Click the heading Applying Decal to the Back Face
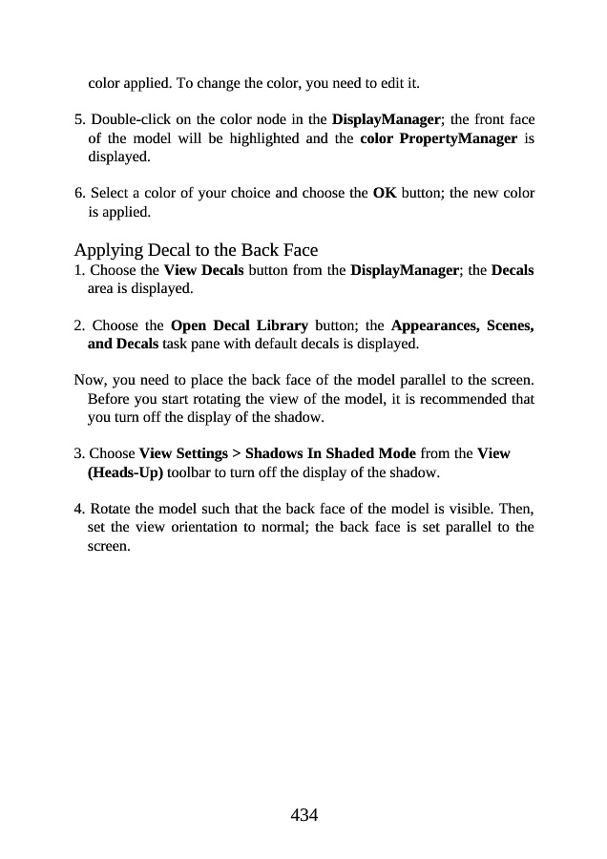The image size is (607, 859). tap(196, 251)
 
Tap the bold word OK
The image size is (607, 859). tap(385, 193)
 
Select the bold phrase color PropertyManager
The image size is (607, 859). tap(438, 138)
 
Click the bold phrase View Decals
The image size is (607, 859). tap(203, 270)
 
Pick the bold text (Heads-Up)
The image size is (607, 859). tap(125, 471)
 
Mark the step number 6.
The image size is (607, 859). tap(78, 193)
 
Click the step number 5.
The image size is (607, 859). tap(78, 121)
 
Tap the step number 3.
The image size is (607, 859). tap(78, 453)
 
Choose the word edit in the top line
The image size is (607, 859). tap(394, 83)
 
